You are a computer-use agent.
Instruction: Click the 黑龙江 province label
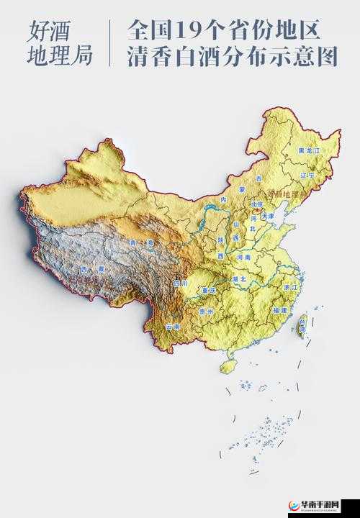(309, 152)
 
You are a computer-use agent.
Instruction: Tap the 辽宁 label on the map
(307, 175)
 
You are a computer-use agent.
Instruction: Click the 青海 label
(141, 243)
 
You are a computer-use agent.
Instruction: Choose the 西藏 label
(91, 269)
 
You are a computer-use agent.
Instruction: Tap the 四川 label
(180, 283)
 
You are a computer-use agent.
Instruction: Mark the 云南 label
(173, 327)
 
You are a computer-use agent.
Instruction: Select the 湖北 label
(240, 278)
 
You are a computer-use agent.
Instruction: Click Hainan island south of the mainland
(228, 366)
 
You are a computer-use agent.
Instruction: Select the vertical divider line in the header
(109, 43)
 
